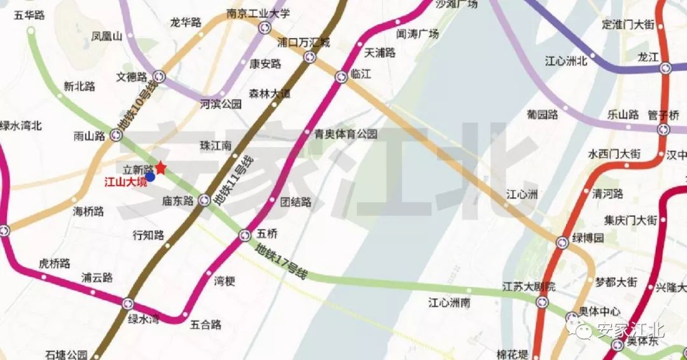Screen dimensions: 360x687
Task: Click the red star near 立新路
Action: (161, 168)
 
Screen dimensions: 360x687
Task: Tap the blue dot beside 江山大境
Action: (150, 177)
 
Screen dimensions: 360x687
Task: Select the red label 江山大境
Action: (125, 182)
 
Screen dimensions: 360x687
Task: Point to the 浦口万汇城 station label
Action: (304, 43)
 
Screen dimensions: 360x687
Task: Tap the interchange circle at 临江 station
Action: (342, 77)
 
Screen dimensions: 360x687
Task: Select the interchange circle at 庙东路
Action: (204, 200)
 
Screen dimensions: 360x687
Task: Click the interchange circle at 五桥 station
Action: (245, 236)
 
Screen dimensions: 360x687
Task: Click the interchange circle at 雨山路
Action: (116, 134)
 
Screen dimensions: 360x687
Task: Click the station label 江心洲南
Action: (448, 303)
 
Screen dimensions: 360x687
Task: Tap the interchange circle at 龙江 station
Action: (665, 67)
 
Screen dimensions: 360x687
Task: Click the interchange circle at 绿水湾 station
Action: (128, 304)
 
